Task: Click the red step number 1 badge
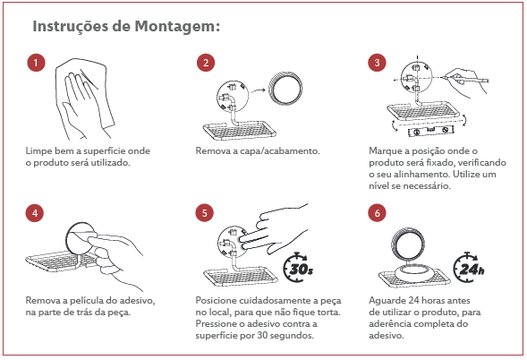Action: coord(36,63)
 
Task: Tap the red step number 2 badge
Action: coord(206,63)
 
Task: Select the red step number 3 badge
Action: coord(377,63)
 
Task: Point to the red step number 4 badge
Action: coord(35,213)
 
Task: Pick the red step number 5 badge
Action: coord(204,213)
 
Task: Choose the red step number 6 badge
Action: coord(377,213)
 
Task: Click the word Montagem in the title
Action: coord(177,27)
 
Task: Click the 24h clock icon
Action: coord(469,268)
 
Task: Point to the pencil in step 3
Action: coord(465,80)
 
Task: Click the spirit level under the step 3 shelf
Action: coord(431,130)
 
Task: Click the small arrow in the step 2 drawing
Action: coord(259,90)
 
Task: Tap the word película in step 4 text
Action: coord(87,301)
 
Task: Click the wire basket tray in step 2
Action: coord(240,131)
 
